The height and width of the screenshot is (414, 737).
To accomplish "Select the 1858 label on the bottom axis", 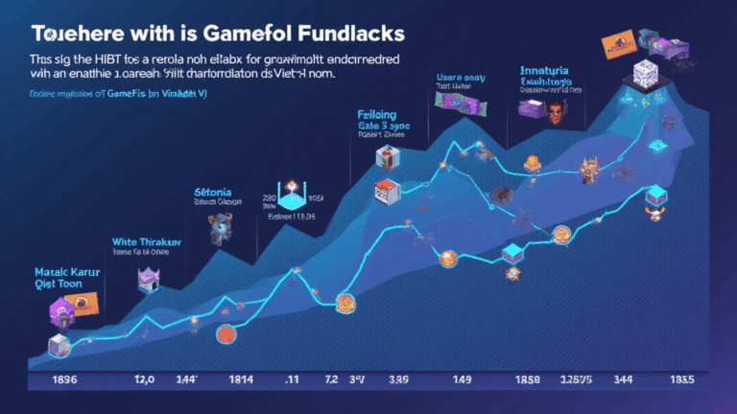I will (528, 379).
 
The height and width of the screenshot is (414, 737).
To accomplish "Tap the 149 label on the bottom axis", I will (463, 379).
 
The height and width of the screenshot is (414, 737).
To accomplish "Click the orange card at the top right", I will (615, 44).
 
